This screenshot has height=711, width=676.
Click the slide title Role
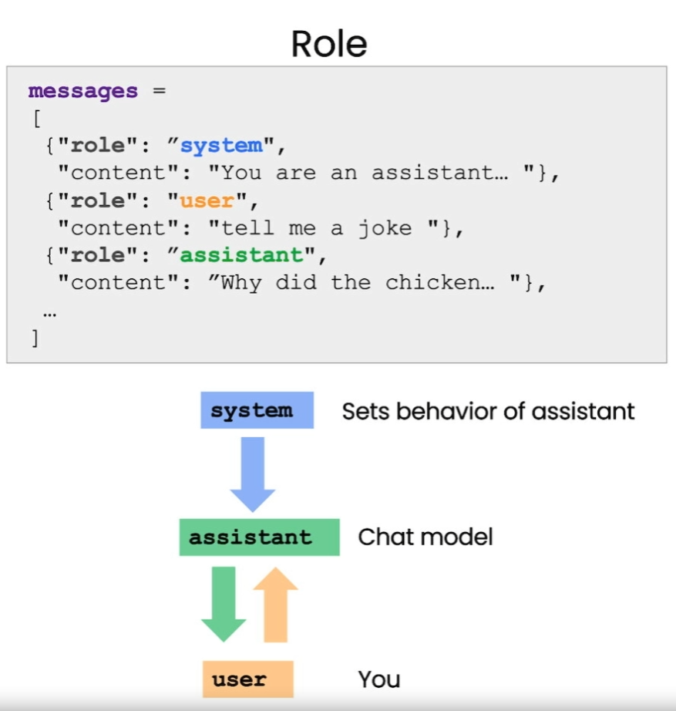[329, 44]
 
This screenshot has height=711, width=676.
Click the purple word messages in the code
[82, 91]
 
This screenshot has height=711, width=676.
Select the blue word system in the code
[221, 146]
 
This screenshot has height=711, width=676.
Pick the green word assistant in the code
[241, 255]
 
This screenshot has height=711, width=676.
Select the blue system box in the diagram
[257, 410]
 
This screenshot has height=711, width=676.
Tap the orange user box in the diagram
[248, 679]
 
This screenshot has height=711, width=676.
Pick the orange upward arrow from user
[275, 605]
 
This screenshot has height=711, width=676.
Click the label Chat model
[425, 537]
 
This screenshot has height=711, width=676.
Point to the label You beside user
[378, 679]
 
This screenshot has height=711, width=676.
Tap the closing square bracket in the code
[35, 338]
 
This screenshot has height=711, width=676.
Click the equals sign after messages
[159, 91]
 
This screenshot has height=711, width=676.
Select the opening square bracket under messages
[35, 119]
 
